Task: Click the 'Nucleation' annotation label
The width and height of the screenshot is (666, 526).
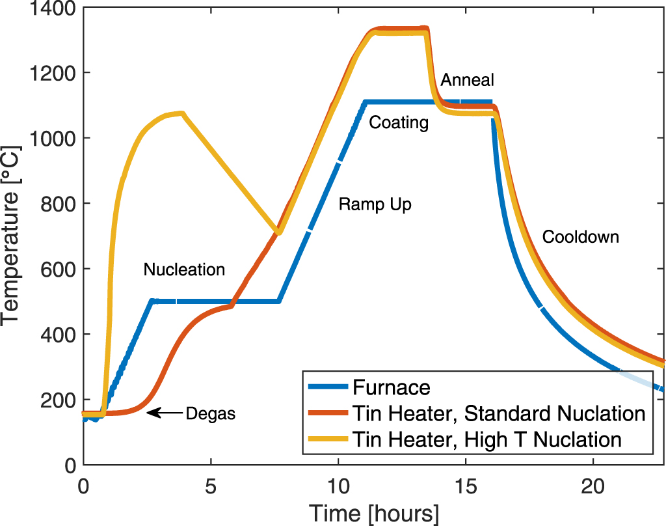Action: (184, 270)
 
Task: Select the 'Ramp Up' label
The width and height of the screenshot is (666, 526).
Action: (375, 204)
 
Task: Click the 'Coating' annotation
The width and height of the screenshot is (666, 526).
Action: (399, 123)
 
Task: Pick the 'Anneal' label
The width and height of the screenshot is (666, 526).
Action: (467, 80)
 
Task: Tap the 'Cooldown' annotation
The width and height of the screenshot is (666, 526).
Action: (580, 237)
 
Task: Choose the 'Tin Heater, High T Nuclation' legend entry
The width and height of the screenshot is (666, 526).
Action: (486, 439)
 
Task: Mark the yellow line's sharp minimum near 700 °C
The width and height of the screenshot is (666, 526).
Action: (279, 232)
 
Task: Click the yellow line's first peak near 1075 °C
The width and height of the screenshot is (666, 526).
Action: (182, 113)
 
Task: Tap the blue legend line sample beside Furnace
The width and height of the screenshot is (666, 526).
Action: (328, 388)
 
